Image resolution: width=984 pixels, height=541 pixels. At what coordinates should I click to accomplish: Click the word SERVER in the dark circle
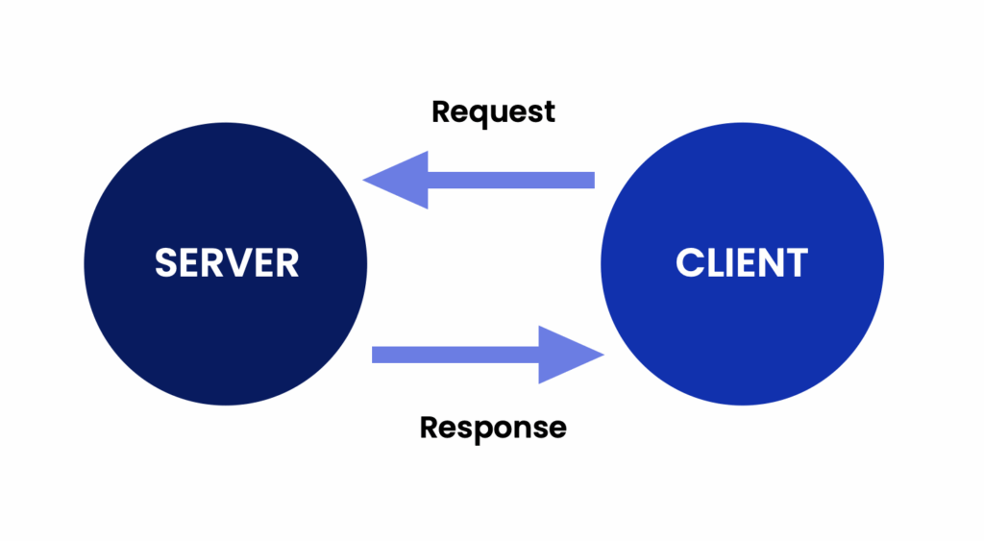click(227, 262)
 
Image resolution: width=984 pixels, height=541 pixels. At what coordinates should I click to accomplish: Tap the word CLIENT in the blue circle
click(741, 262)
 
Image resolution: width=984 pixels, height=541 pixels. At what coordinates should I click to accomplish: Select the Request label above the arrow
click(493, 111)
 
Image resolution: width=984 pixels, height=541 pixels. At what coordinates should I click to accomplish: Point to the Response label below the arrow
click(493, 426)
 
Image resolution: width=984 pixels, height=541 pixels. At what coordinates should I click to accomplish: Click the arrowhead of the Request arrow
click(394, 180)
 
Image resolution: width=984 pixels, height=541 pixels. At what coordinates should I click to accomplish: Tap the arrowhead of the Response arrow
click(571, 355)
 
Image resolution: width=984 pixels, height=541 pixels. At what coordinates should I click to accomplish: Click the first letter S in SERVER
click(167, 262)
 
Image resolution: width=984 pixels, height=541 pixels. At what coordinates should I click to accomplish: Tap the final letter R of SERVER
click(287, 262)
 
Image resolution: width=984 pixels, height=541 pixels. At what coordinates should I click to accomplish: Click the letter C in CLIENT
click(691, 262)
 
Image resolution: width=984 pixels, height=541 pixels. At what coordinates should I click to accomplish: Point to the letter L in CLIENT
click(717, 262)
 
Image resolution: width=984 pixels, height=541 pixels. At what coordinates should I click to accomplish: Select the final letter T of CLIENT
click(797, 262)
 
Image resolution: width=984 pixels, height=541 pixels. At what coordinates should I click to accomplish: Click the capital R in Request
click(441, 111)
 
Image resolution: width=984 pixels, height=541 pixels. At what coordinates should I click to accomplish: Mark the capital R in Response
click(430, 426)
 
